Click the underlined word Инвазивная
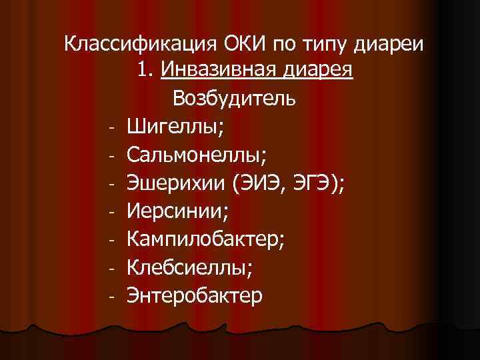(218, 70)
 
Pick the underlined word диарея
(316, 70)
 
